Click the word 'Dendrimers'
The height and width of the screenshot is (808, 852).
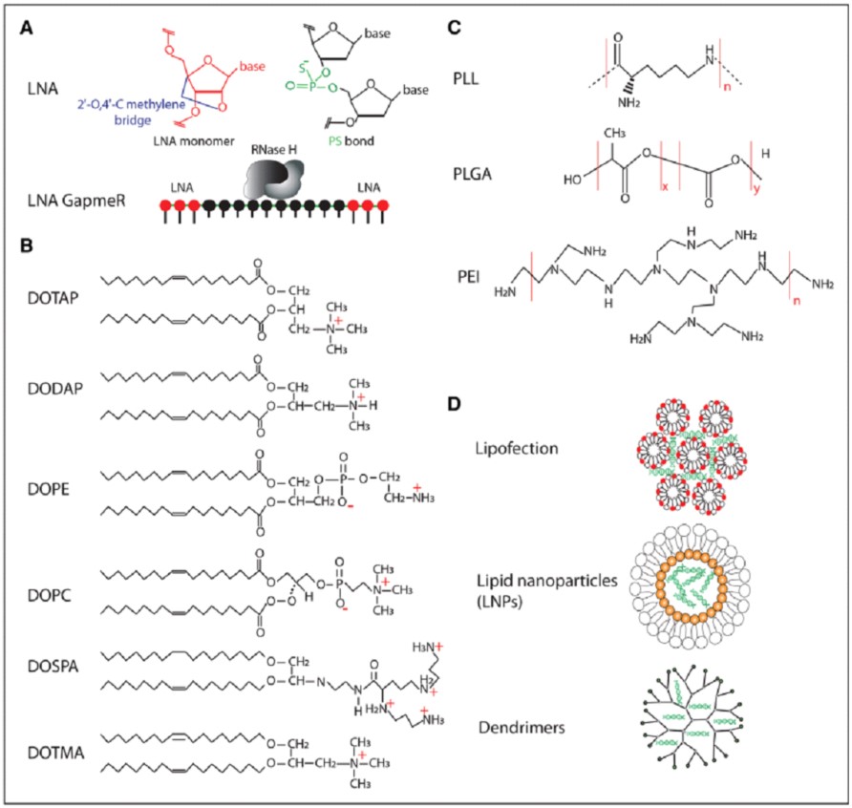[x=522, y=727]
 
